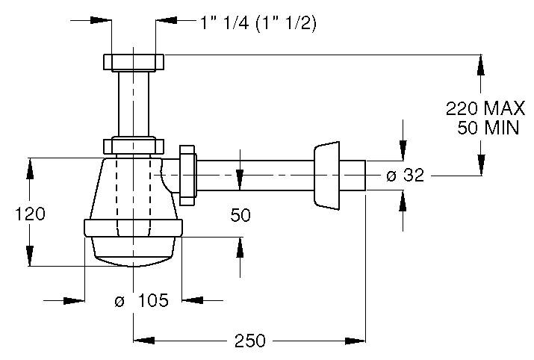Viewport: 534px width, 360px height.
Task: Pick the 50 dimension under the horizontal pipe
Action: click(240, 215)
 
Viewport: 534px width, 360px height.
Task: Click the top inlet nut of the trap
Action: click(134, 61)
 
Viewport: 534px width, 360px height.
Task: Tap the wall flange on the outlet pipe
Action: click(325, 177)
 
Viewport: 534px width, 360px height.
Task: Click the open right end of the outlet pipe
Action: click(364, 176)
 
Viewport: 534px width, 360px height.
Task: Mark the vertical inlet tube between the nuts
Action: click(133, 104)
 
